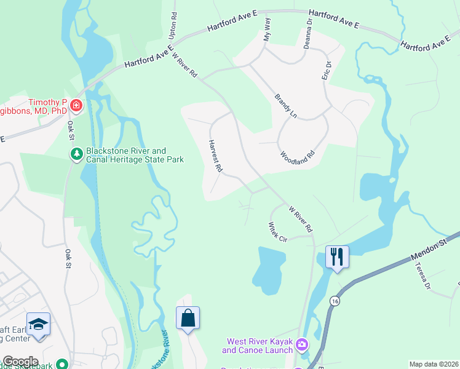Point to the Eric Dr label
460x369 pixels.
[x=327, y=69]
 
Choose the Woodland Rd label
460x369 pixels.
[x=297, y=153]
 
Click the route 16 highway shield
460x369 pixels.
[x=334, y=300]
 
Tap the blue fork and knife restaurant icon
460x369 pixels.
[x=336, y=256]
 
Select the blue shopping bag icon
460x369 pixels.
[x=188, y=318]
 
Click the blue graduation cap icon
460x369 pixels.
[x=38, y=323]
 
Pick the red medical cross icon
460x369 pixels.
[x=76, y=106]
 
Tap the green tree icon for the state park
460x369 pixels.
[x=76, y=154]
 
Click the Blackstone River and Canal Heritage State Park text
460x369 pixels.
[x=127, y=155]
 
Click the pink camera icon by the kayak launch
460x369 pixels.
[x=301, y=344]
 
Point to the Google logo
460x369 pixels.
[x=20, y=362]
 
